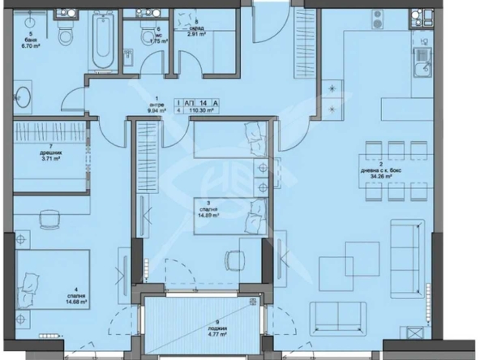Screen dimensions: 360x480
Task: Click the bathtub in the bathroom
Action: pos(101,37)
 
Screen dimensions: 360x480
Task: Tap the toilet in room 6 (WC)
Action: pos(148,38)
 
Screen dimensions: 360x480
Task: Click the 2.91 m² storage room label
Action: pos(198,34)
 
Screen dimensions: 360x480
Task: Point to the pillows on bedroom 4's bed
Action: pos(30,280)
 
